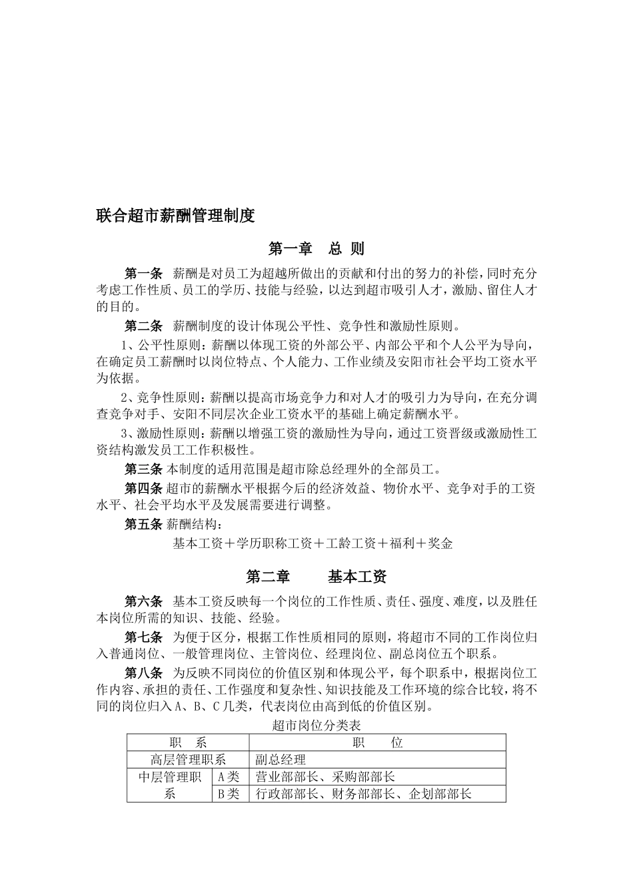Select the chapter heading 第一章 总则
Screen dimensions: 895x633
[316, 249]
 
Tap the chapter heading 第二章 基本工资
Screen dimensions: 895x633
[316, 576]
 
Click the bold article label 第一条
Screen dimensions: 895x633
[144, 274]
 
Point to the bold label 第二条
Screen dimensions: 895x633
[144, 326]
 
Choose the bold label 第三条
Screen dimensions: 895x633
[144, 469]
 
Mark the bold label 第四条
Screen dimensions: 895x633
[144, 488]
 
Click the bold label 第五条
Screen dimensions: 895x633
[144, 524]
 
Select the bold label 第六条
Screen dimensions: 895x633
[144, 602]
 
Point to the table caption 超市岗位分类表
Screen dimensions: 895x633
[316, 725]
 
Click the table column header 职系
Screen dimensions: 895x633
[188, 743]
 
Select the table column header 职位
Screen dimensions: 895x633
[377, 743]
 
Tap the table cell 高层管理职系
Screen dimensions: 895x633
[188, 760]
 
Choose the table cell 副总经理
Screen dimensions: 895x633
[281, 760]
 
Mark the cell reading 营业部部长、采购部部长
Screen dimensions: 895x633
[325, 776]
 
